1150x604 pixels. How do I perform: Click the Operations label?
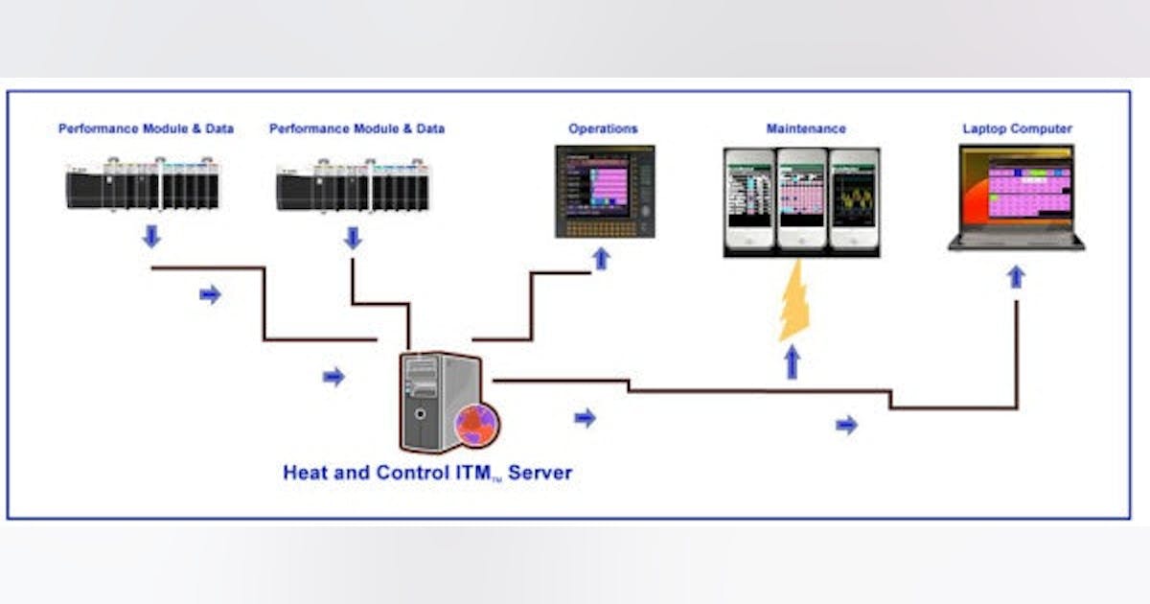pos(603,128)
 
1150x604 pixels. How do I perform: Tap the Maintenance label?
pos(806,128)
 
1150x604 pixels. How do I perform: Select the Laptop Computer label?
pos(1017,128)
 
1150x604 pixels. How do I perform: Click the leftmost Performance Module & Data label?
pos(146,128)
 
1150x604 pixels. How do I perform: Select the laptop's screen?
pos(1017,189)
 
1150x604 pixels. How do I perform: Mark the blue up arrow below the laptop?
pos(1016,276)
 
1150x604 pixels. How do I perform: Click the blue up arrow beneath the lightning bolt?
pos(793,362)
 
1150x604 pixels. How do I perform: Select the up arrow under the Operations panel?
pos(601,258)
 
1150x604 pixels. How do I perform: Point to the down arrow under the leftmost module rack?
pos(151,236)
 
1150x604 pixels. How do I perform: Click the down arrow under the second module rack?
pos(353,238)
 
